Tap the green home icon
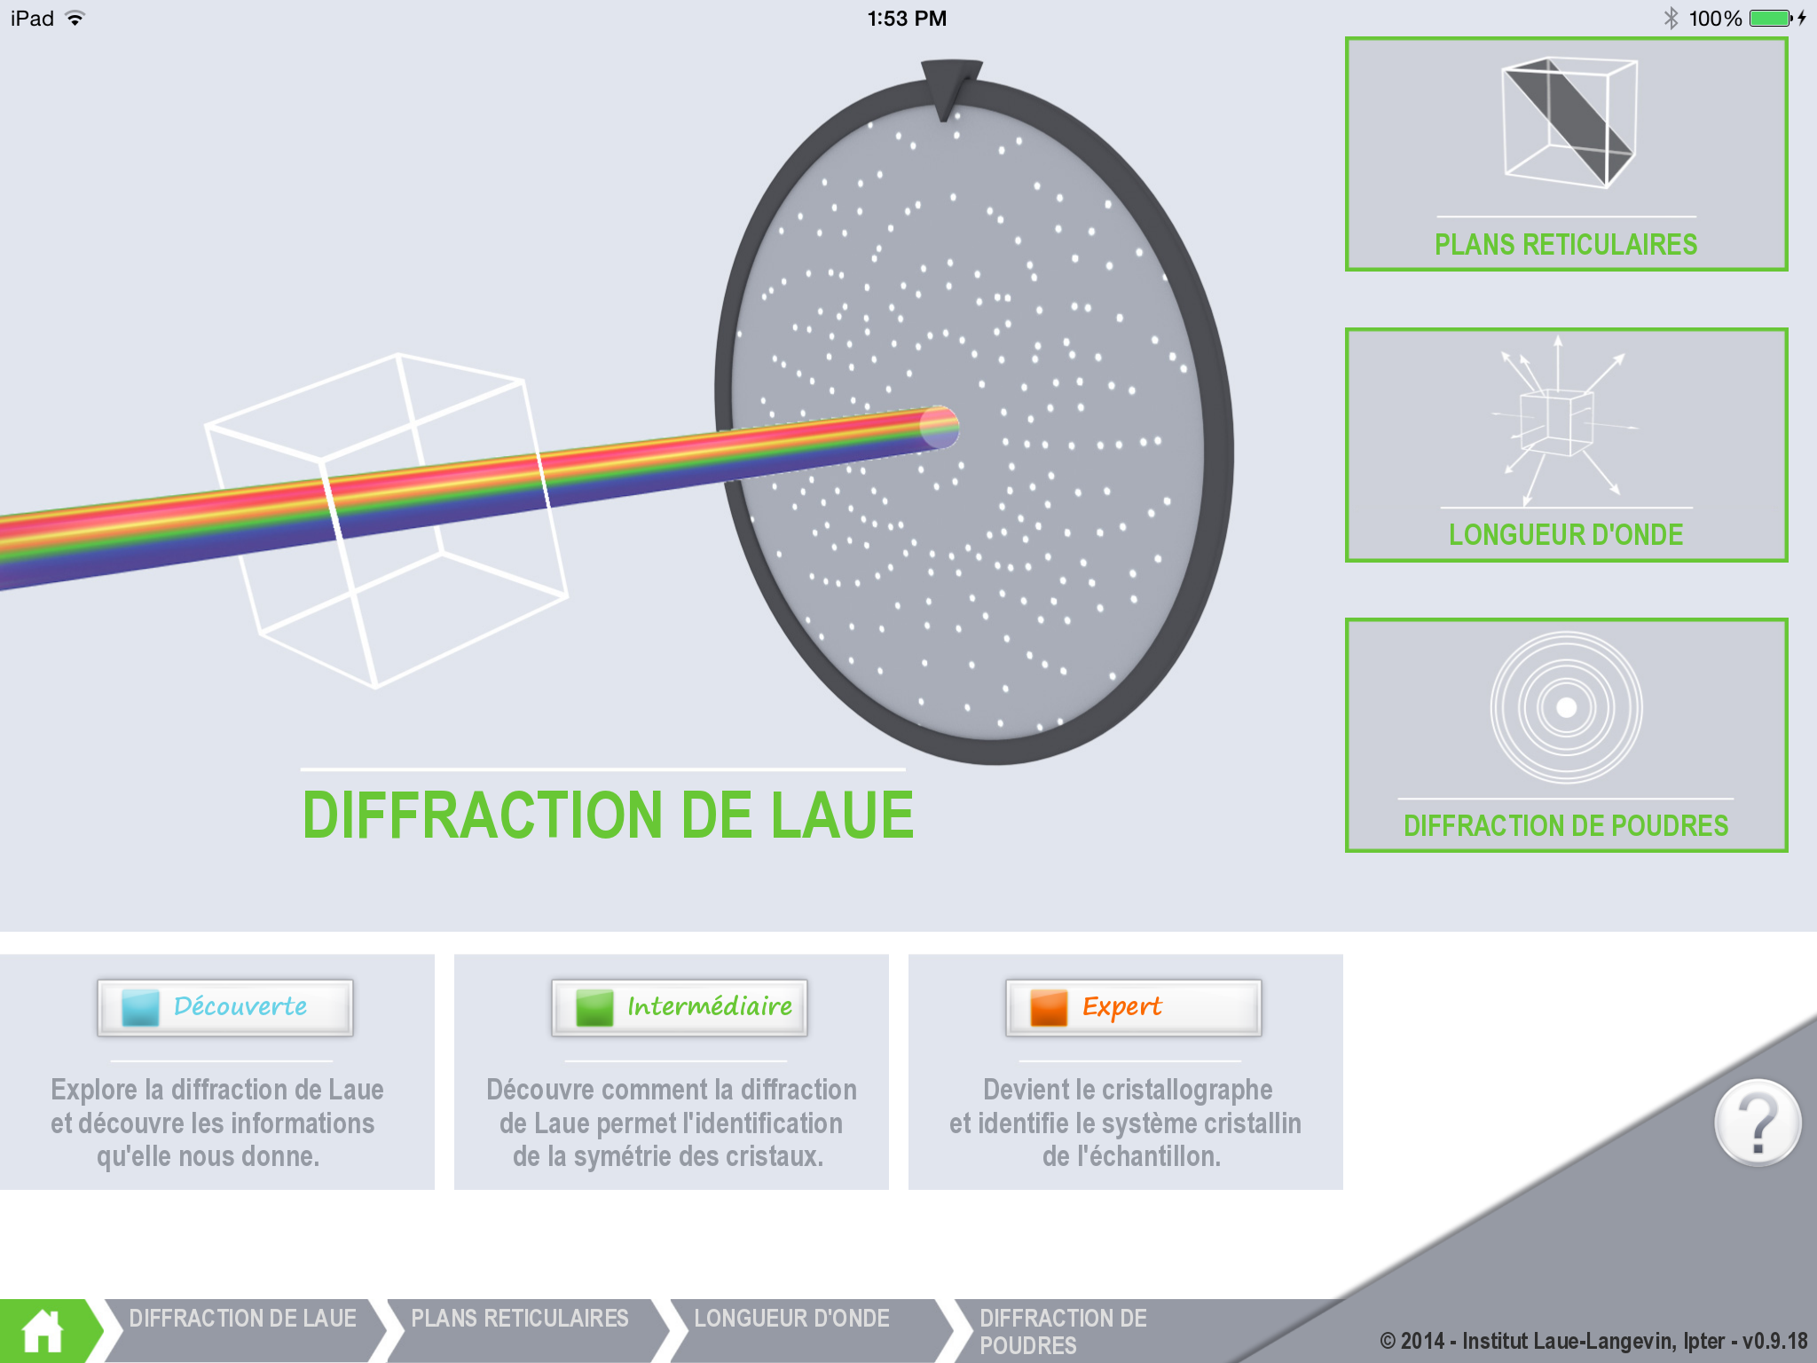pos(43,1331)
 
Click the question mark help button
pos(1757,1123)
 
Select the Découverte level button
pos(225,1007)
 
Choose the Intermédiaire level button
pos(680,1007)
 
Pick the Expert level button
pos(1133,1007)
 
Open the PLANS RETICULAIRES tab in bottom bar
pos(520,1320)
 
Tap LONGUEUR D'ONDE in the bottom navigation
pos(791,1320)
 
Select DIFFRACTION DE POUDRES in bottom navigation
pos(1063,1331)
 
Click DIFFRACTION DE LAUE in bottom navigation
pos(242,1320)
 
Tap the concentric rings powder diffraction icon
pos(1566,707)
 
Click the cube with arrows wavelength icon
pos(1559,417)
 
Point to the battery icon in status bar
pos(1771,19)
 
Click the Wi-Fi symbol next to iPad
pos(75,19)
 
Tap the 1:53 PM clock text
pos(907,19)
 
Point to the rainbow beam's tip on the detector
pos(939,427)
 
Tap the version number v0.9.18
pos(1774,1341)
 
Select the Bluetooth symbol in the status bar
pos(1671,19)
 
